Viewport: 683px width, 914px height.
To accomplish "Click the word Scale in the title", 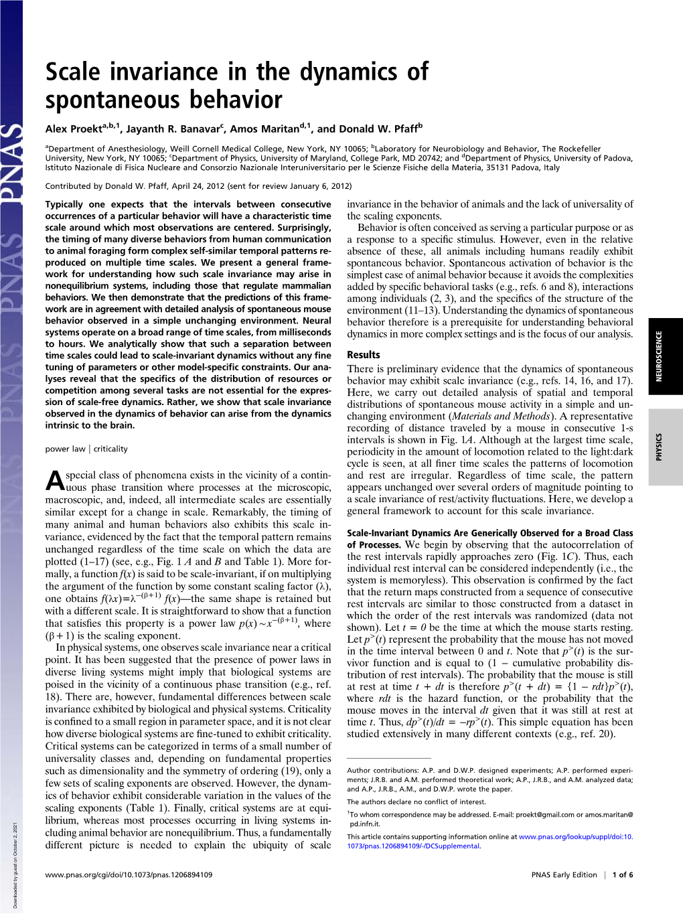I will (73, 72).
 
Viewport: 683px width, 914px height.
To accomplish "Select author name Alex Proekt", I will (74, 129).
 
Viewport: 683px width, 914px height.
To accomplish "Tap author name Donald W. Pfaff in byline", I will (376, 129).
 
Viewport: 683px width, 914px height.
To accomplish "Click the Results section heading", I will (363, 355).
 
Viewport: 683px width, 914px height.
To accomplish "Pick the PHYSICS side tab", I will (659, 447).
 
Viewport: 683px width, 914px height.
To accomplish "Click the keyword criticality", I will (110, 449).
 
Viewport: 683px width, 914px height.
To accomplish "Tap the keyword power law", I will (65, 449).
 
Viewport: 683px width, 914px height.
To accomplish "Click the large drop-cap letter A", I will (55, 480).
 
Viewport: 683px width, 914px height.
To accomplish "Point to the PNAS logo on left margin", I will (11, 161).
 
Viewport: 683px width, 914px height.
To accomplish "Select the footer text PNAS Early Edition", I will (564, 874).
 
